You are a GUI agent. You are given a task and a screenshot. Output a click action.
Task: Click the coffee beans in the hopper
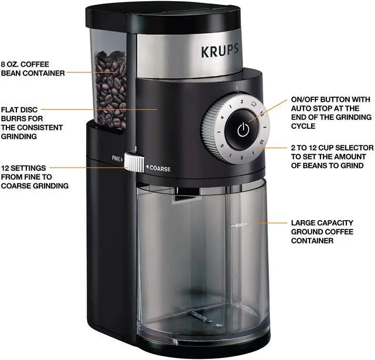[x=111, y=88]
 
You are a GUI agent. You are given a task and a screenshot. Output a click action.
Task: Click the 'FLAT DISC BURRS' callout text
[x=32, y=122]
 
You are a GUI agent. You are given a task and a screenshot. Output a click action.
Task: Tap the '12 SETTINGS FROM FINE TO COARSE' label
[x=35, y=177]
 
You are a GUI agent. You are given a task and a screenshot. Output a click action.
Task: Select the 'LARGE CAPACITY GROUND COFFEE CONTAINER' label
[x=323, y=231]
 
